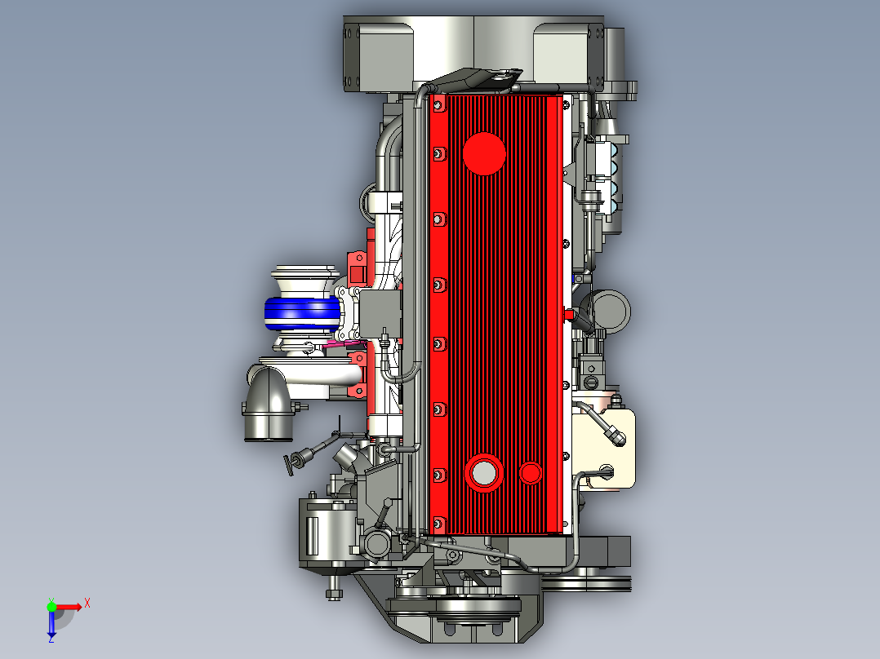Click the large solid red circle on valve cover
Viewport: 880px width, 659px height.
pos(484,153)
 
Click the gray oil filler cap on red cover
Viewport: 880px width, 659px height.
pos(483,473)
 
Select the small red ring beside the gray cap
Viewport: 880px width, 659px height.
pos(530,473)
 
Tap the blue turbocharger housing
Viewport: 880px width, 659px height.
pos(303,313)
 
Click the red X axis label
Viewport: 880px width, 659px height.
pos(87,604)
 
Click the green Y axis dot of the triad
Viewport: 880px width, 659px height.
pos(51,606)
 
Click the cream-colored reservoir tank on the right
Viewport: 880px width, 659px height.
pos(605,443)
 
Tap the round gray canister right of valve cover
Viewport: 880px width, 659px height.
pos(610,312)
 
